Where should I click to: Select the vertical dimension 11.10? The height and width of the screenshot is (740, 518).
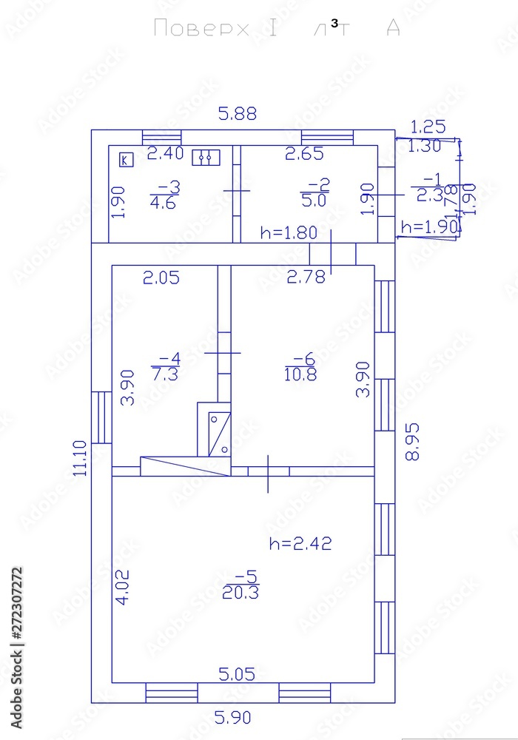(x=81, y=457)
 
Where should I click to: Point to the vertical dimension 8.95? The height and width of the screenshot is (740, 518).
(x=412, y=442)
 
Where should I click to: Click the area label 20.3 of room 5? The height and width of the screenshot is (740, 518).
(x=240, y=592)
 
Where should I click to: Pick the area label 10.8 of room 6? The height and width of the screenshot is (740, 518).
(x=300, y=374)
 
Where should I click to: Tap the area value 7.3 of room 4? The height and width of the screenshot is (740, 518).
(x=164, y=374)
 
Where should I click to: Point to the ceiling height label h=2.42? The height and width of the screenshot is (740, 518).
(x=300, y=543)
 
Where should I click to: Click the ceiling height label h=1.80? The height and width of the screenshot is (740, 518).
(x=289, y=232)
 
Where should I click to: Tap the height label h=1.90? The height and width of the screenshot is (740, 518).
(x=429, y=227)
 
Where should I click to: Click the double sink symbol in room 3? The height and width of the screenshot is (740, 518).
(x=206, y=157)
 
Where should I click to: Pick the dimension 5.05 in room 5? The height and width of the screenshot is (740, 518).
(x=237, y=673)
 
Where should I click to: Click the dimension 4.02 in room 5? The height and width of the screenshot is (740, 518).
(x=123, y=588)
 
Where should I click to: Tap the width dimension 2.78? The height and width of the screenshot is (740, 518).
(x=306, y=277)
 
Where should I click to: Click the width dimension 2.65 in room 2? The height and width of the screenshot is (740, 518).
(x=306, y=154)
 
